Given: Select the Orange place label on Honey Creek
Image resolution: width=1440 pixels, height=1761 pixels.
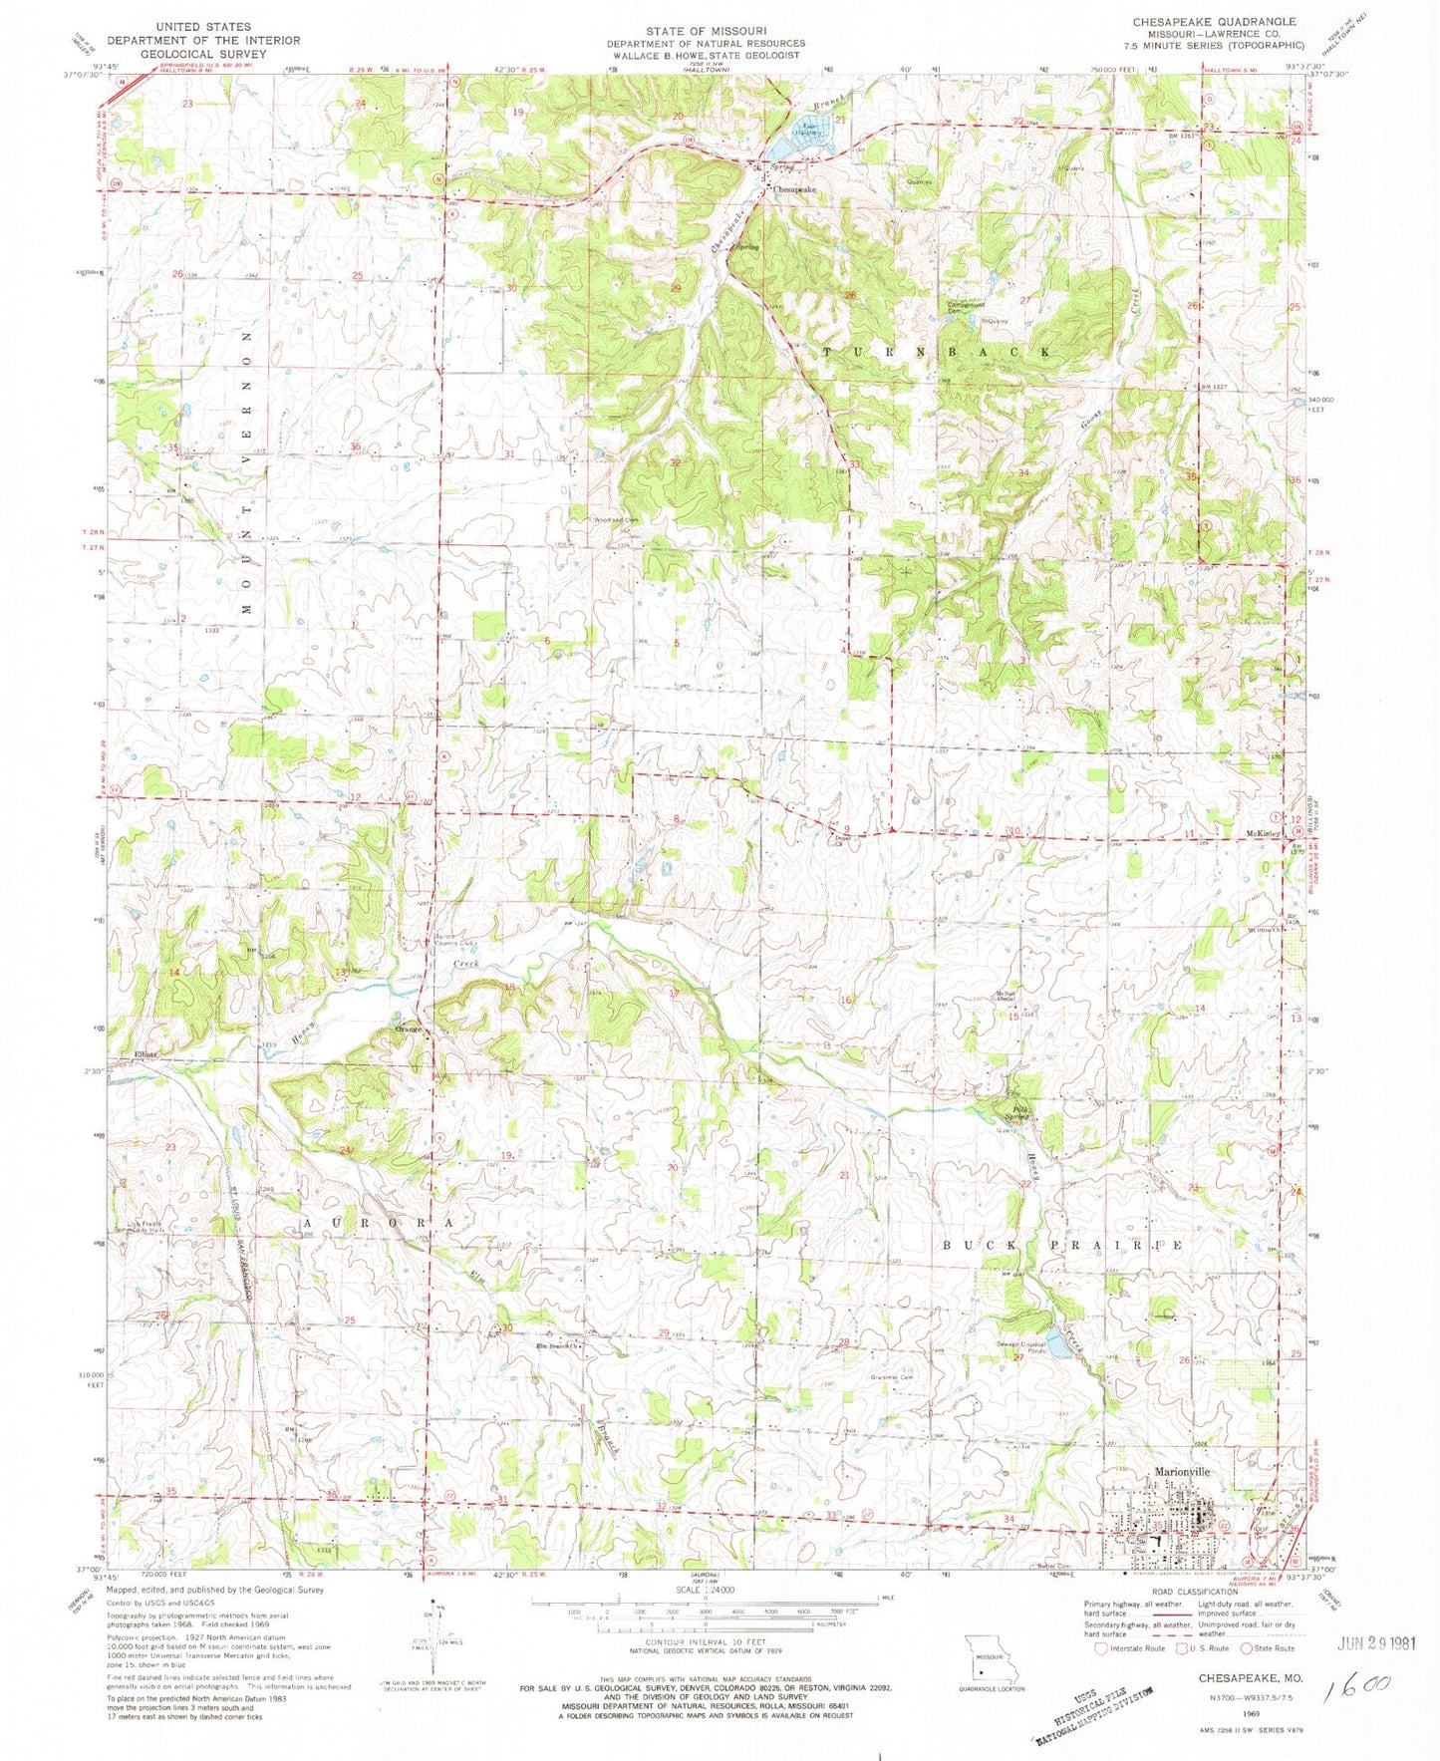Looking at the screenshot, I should [x=410, y=1029].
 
